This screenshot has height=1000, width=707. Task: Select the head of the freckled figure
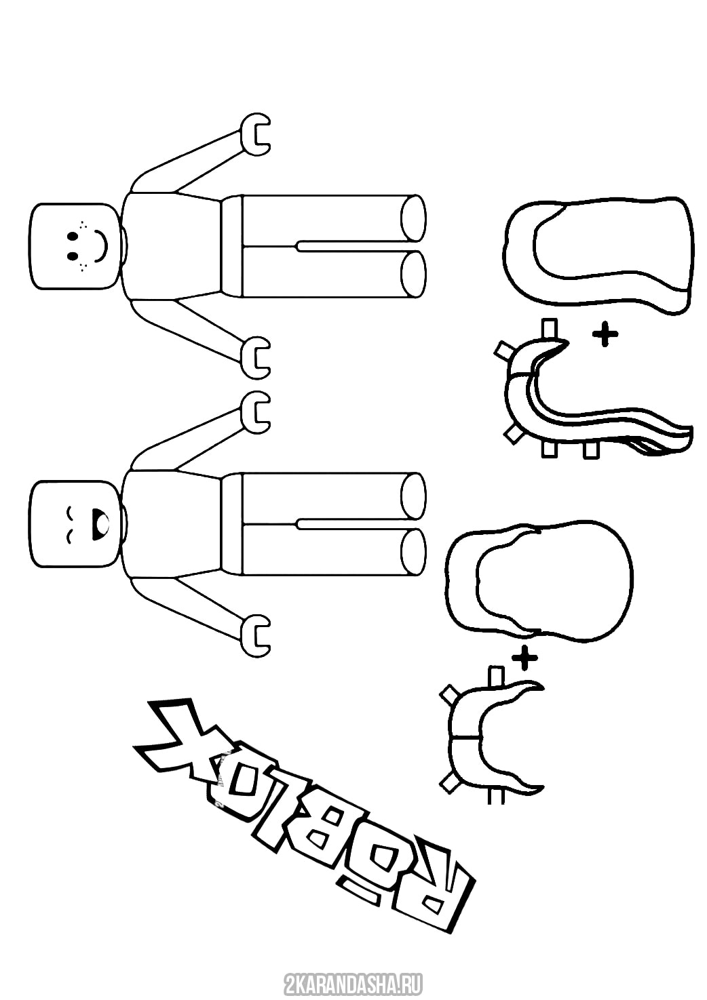click(x=77, y=245)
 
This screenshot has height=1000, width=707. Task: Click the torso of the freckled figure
click(x=172, y=245)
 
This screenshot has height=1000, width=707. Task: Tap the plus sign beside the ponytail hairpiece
click(x=605, y=336)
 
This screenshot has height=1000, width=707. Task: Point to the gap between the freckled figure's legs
click(x=358, y=245)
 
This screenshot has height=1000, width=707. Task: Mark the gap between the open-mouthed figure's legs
click(x=358, y=522)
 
